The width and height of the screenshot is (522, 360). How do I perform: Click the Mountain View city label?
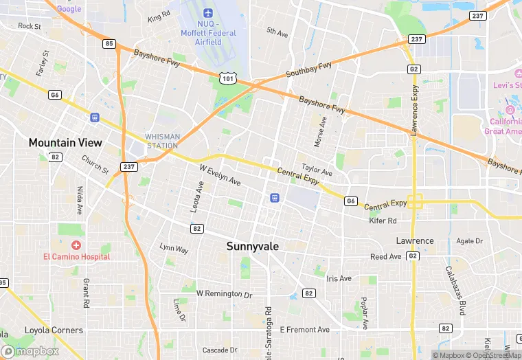pyautogui.click(x=65, y=143)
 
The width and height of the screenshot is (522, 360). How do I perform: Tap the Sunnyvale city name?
pyautogui.click(x=253, y=246)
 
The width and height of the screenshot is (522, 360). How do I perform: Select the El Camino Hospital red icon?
pyautogui.click(x=76, y=245)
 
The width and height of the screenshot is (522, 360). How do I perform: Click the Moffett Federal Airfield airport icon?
pyautogui.click(x=208, y=14)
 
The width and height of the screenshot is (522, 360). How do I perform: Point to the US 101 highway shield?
pyautogui.click(x=228, y=79)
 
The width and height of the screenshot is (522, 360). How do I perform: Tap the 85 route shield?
pyautogui.click(x=109, y=44)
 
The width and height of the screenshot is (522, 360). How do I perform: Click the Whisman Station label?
pyautogui.click(x=162, y=141)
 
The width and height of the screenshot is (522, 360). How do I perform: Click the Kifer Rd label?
pyautogui.click(x=383, y=221)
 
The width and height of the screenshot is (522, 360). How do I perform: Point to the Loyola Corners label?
pyautogui.click(x=53, y=330)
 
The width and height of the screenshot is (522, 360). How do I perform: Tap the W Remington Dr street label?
pyautogui.click(x=225, y=293)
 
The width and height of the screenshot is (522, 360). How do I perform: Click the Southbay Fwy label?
pyautogui.click(x=309, y=69)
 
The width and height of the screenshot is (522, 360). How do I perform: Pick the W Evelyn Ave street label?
pyautogui.click(x=220, y=175)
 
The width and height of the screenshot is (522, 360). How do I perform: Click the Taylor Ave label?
pyautogui.click(x=317, y=170)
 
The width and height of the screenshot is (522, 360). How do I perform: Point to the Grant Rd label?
pyautogui.click(x=86, y=293)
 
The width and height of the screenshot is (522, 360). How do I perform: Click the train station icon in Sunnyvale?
pyautogui.click(x=274, y=197)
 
